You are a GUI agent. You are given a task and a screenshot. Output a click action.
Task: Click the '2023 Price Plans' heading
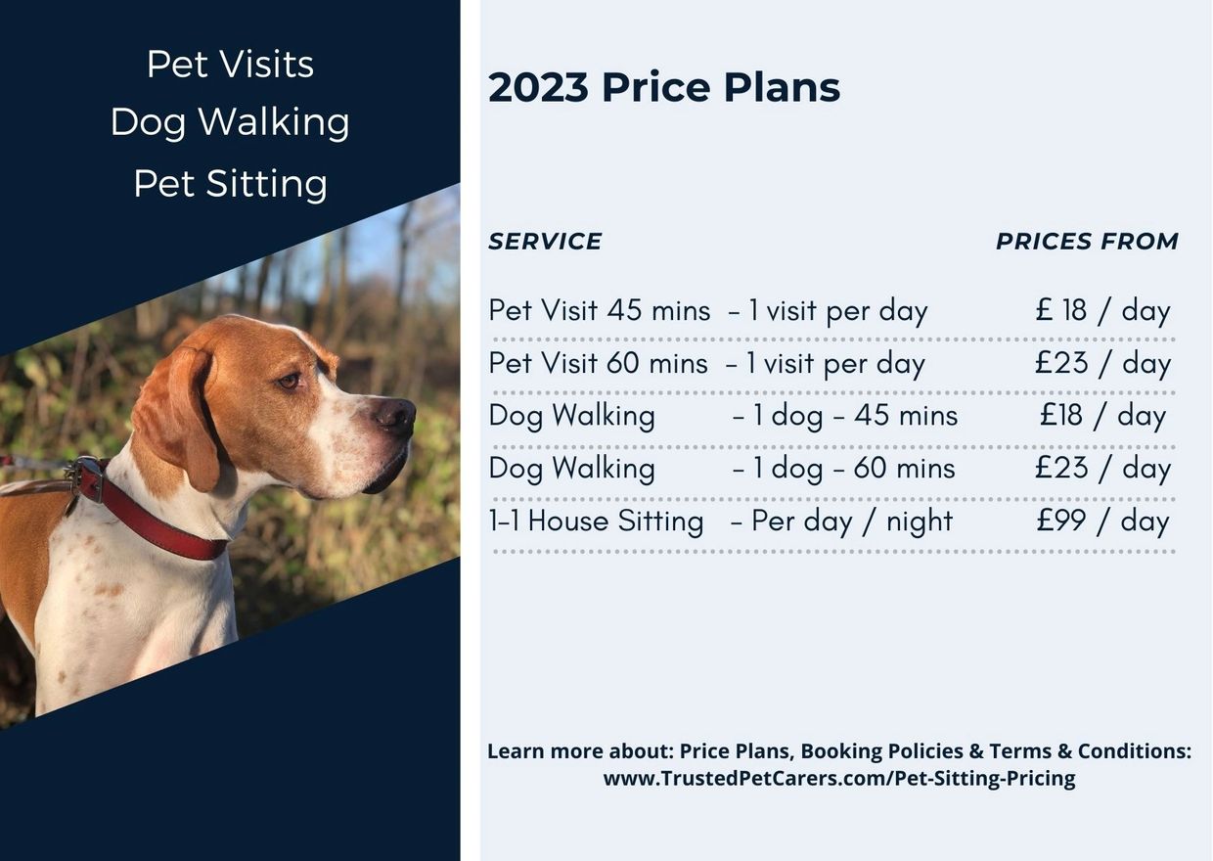click(664, 87)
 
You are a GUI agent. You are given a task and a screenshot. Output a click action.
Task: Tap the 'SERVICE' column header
click(545, 241)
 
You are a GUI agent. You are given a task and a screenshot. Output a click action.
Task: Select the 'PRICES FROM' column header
click(1088, 241)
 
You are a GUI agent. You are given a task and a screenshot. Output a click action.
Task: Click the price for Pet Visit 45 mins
click(1103, 311)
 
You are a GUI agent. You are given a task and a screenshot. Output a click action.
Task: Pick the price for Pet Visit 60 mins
click(1103, 364)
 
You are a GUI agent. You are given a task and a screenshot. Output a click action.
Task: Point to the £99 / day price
click(1103, 521)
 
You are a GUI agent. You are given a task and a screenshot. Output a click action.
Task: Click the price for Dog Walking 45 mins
click(1103, 417)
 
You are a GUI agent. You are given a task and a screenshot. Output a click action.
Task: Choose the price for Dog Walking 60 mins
click(1103, 469)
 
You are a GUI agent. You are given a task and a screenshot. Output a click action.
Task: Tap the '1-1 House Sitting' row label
click(596, 521)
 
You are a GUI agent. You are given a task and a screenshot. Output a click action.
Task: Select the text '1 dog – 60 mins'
click(854, 469)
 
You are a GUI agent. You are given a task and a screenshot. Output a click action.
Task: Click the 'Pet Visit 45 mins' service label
click(599, 311)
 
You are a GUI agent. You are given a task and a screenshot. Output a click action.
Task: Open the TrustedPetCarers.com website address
click(839, 779)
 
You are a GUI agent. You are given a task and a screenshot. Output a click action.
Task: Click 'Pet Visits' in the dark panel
click(230, 64)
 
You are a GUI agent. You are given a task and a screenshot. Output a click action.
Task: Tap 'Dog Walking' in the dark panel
click(230, 122)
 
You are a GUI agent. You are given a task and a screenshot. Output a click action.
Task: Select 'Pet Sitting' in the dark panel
click(230, 184)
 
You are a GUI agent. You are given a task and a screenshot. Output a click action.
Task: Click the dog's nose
click(396, 416)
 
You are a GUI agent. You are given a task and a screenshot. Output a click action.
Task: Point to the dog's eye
click(290, 381)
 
